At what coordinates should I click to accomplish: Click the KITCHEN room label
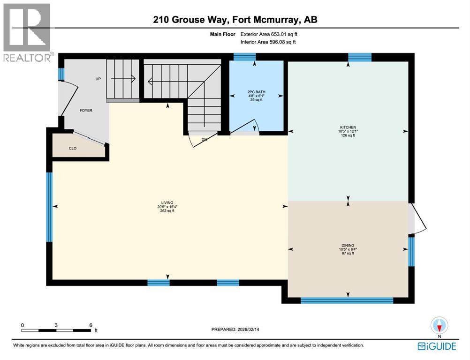(348, 127)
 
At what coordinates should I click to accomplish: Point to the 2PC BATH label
(255, 91)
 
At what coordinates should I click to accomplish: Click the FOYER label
(86, 111)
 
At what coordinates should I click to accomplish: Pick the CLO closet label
(73, 148)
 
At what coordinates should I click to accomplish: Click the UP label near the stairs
(98, 79)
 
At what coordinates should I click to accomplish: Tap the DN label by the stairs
(204, 139)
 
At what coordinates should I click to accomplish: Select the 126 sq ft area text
(348, 136)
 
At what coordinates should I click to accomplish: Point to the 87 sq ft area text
(348, 253)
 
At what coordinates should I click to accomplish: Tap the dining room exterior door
(417, 219)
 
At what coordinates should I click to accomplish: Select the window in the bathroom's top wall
(242, 57)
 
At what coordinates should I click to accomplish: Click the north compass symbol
(439, 325)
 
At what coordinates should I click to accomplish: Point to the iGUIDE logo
(436, 346)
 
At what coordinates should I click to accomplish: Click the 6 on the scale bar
(91, 325)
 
